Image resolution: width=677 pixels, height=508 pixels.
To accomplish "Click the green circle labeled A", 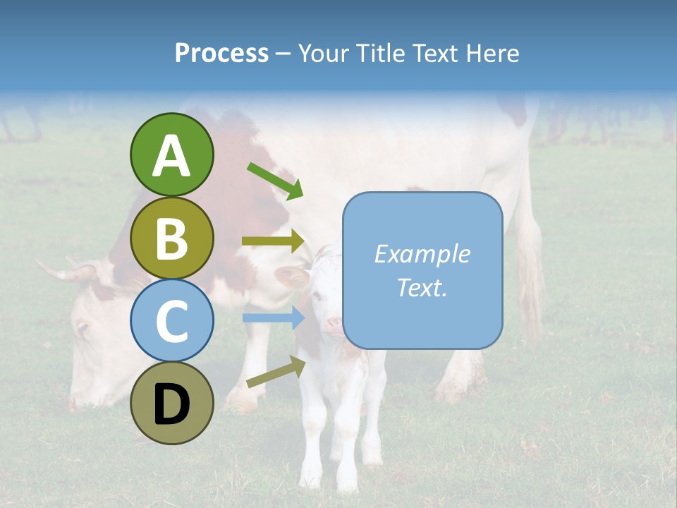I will click(x=171, y=155).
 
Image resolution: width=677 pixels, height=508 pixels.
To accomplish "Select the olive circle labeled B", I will click(x=171, y=238).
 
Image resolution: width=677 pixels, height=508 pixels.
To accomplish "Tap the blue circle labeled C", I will click(x=171, y=320).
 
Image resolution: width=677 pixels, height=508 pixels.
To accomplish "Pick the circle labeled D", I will click(x=171, y=404).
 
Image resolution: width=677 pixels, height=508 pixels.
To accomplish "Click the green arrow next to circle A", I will click(x=274, y=180).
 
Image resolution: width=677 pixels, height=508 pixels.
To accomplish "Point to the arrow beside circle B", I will click(x=272, y=241).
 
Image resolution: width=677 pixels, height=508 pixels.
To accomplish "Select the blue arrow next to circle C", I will click(x=272, y=318).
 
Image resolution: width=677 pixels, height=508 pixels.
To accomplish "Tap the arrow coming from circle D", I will click(x=275, y=372).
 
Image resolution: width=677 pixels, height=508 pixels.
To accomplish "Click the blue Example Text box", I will click(x=422, y=270).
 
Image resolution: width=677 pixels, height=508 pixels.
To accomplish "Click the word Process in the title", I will click(x=221, y=53).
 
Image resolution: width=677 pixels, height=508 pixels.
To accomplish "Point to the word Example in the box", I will click(x=422, y=254).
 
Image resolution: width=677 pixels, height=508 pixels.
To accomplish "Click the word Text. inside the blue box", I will click(x=422, y=287).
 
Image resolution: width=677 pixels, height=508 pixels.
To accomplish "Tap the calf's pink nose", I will click(x=333, y=325).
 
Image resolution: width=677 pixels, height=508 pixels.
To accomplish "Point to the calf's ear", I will click(x=291, y=276).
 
